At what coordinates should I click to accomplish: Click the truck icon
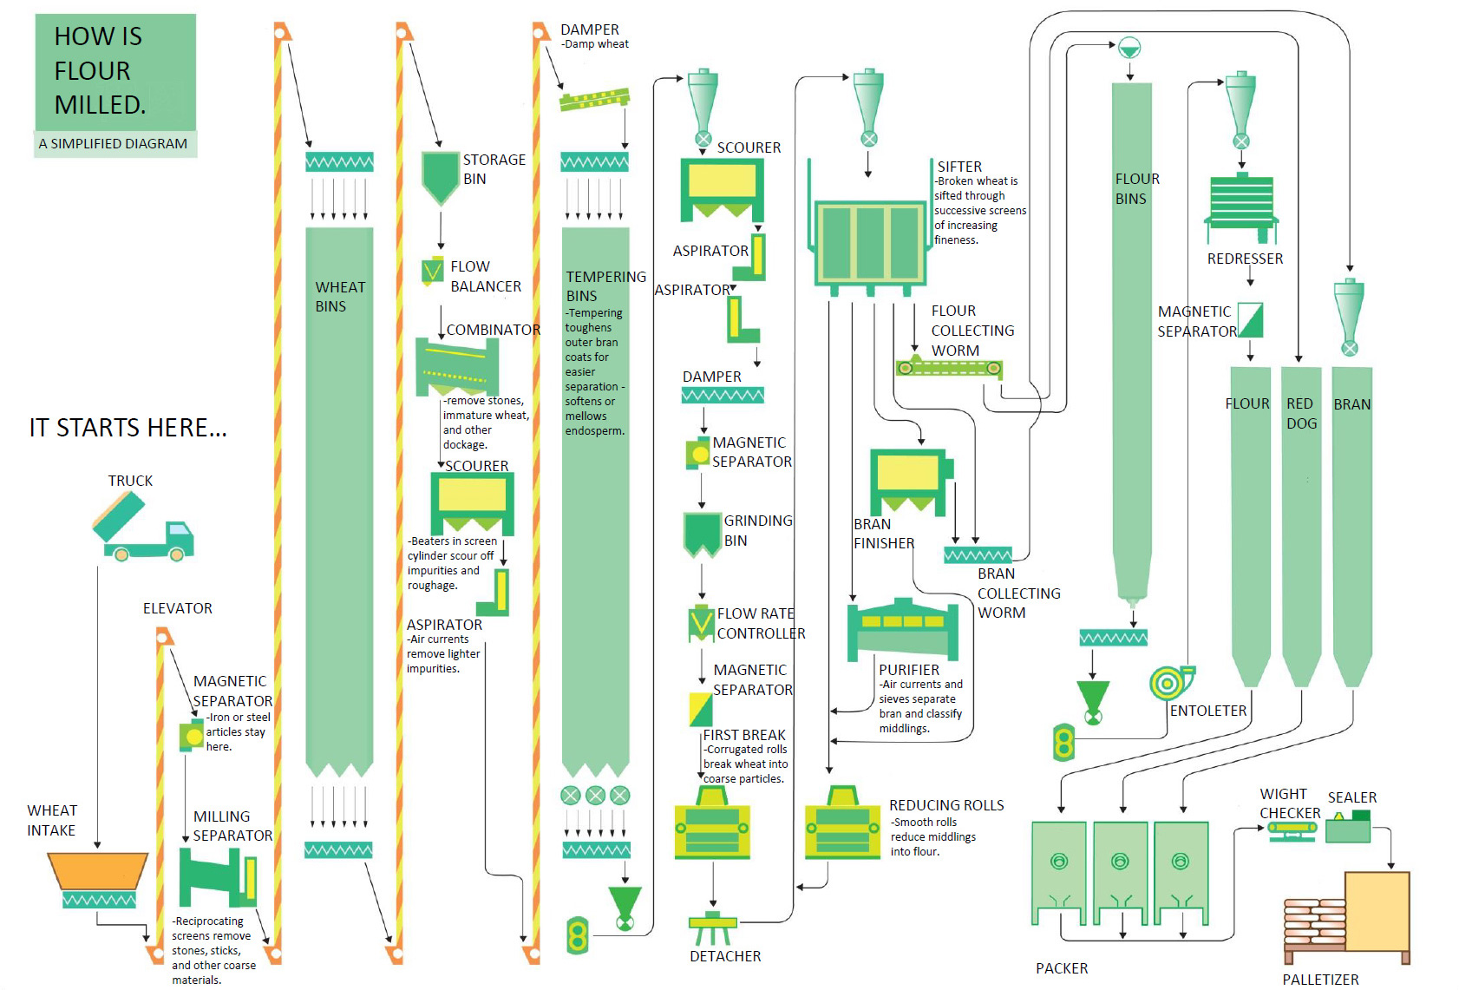click(x=142, y=528)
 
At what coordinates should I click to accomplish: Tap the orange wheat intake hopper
click(x=97, y=870)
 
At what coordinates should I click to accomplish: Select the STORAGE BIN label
click(x=494, y=169)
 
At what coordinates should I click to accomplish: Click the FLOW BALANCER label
click(x=485, y=276)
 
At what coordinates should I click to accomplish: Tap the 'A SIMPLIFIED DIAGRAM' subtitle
click(x=113, y=144)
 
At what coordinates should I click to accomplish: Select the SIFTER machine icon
click(x=870, y=242)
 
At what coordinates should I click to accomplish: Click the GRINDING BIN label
click(x=757, y=530)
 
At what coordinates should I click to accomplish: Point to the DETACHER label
click(x=725, y=956)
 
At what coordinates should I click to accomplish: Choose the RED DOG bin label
click(x=1301, y=413)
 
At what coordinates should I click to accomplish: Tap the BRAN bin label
click(x=1351, y=404)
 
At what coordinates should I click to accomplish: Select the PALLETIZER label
click(x=1320, y=980)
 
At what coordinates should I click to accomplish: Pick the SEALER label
click(x=1351, y=797)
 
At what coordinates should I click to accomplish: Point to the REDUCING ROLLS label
click(x=946, y=805)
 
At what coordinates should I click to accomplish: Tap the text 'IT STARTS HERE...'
click(x=128, y=428)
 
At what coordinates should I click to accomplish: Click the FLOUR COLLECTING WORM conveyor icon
click(x=949, y=368)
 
